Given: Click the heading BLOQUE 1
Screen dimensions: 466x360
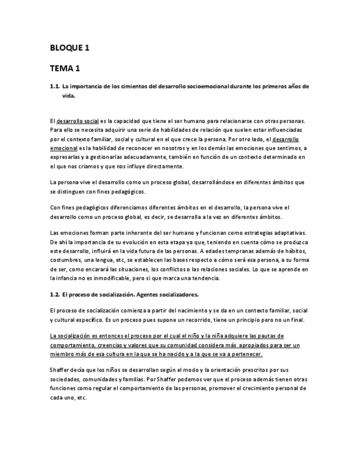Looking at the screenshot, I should point(69,48).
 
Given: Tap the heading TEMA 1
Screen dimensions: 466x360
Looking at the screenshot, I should point(65,69).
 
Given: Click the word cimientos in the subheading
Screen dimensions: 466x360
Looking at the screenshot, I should point(133,86).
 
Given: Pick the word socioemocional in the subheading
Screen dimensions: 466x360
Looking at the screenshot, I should point(207,86).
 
